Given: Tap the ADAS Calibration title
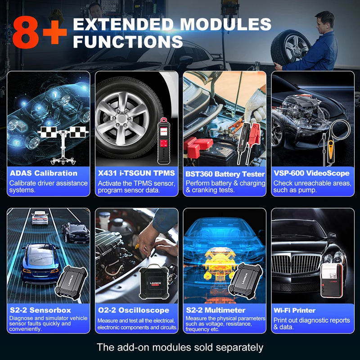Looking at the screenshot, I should (x=43, y=173).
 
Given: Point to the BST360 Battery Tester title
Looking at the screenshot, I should (x=225, y=173).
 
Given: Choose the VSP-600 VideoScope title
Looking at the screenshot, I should (x=311, y=173).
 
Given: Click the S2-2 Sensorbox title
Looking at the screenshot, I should (x=40, y=310).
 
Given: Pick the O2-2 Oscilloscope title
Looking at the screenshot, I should (x=133, y=310).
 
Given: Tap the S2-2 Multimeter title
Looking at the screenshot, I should (x=216, y=310).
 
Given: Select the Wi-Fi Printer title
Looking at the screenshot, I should (x=294, y=310).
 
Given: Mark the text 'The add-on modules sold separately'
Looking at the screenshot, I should (x=180, y=347).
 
